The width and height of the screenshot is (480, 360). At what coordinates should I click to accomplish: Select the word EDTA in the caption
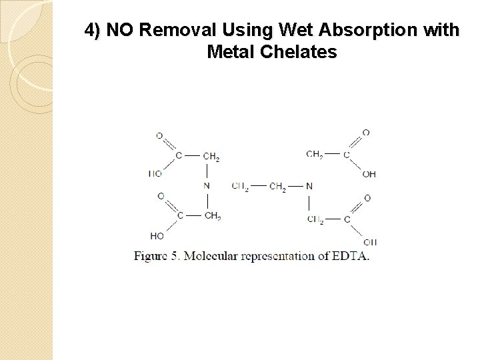352,256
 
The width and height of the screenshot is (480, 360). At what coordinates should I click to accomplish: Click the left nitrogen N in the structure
207,185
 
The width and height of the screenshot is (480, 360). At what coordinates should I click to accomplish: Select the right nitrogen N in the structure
308,185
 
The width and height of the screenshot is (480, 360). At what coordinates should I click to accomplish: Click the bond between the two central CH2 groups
259,186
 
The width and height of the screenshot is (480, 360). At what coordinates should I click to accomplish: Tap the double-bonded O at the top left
159,136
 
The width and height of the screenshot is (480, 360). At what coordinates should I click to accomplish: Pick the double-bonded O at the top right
366,133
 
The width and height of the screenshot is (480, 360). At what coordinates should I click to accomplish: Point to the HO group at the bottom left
157,235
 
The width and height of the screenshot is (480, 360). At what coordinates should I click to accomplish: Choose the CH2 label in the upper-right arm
315,155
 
